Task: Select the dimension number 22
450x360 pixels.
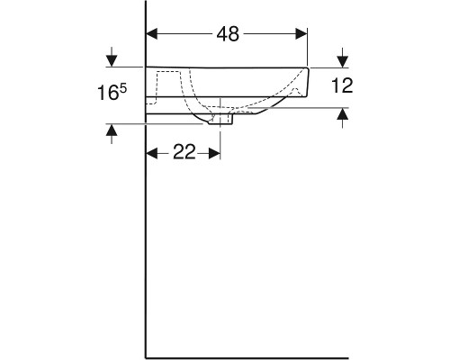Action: tap(184, 153)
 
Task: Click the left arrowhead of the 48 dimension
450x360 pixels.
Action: tap(152, 33)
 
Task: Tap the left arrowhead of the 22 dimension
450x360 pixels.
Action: tap(152, 153)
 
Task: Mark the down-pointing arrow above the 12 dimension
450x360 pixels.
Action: tap(342, 60)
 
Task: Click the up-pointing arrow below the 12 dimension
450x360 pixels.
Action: tap(342, 114)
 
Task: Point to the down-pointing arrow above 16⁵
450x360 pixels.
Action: tap(111, 60)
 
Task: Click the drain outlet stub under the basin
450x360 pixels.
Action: tap(216, 119)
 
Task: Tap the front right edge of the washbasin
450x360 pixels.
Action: tap(308, 81)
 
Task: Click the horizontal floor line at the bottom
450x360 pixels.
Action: tap(288, 356)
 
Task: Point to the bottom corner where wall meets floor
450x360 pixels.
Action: tap(147, 356)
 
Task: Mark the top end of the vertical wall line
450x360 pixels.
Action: tap(147, 4)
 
